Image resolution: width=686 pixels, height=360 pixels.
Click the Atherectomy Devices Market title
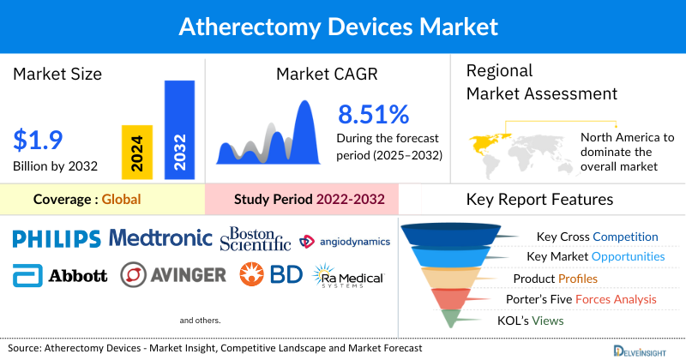tap(338, 26)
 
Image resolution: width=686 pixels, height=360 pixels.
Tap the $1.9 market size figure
tap(39, 140)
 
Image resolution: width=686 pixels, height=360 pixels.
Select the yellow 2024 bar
tap(137, 151)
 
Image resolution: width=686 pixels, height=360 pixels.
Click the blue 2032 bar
tap(179, 129)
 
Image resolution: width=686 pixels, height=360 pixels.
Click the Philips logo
tap(57, 238)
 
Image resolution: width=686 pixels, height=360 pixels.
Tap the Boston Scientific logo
tap(255, 239)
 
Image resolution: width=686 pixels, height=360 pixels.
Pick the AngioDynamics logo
tap(345, 241)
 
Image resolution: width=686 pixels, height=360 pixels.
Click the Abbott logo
tap(61, 275)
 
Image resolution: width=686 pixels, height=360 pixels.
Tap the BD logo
tap(270, 275)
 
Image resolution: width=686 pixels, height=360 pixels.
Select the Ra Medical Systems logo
tap(348, 276)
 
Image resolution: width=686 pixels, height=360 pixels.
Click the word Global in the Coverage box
tap(121, 200)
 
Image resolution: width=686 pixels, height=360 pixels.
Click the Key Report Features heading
tap(539, 200)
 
